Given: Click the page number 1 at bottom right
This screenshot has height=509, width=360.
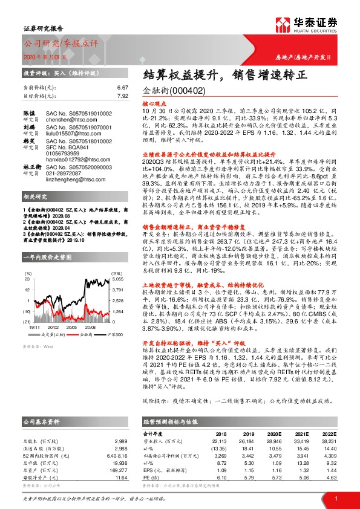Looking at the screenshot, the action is (x=336, y=498).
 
